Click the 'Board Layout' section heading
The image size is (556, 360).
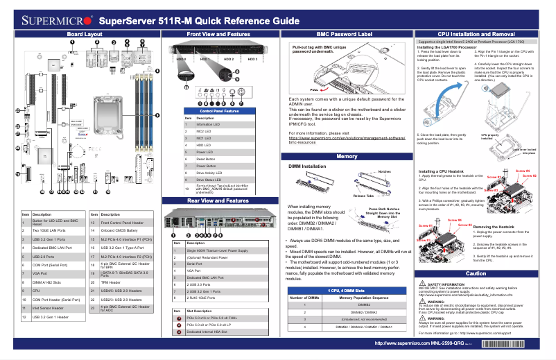85,33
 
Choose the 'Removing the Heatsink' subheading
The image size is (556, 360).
496,227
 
